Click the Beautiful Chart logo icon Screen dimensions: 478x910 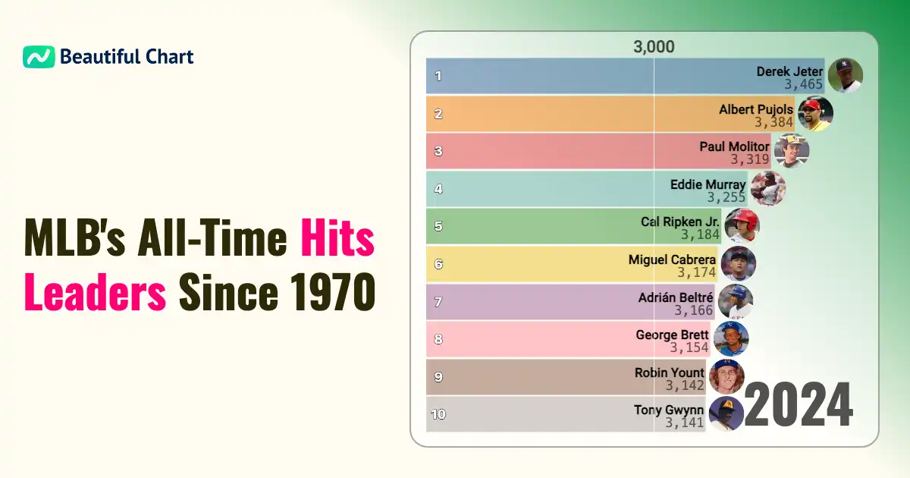(x=39, y=57)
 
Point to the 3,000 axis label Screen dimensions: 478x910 (x=654, y=47)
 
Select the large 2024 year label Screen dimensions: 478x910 (x=798, y=406)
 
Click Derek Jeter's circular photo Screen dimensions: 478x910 (x=845, y=76)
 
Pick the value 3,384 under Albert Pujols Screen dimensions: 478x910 (x=773, y=122)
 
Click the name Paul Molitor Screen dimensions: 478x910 (x=734, y=146)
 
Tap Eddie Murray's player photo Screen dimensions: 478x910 (x=767, y=188)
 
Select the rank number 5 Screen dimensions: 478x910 (x=438, y=226)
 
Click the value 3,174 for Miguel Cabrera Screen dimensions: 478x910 (x=696, y=272)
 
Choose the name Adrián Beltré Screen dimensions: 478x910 (x=676, y=297)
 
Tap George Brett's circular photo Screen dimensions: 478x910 (x=730, y=338)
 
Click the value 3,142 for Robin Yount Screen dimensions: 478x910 (x=685, y=385)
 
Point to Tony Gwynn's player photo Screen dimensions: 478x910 (x=725, y=414)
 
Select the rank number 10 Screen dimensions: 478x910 (x=438, y=414)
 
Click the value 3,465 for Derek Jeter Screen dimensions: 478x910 (x=803, y=85)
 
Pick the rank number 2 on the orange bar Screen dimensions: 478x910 (x=438, y=114)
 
